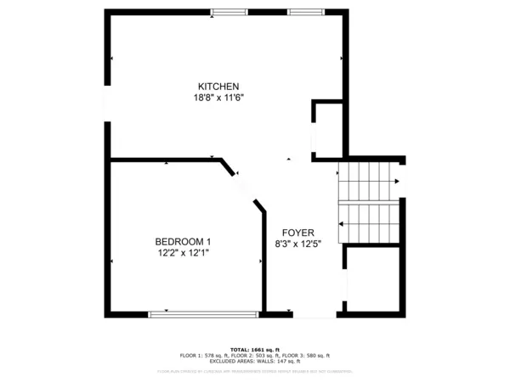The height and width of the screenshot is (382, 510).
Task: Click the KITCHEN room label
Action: [x=218, y=87]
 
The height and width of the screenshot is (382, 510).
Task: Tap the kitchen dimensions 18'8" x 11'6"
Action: [x=218, y=98]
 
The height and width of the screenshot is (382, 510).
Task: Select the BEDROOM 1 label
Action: [x=183, y=241]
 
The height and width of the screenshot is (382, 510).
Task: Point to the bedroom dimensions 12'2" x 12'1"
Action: [x=183, y=253]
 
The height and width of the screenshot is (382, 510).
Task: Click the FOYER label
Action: [x=298, y=233]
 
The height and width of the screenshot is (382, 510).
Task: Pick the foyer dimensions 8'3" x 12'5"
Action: [x=298, y=245]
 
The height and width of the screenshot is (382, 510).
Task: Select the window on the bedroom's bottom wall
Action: [x=202, y=314]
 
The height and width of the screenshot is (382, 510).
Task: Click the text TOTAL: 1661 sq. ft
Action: [x=254, y=350]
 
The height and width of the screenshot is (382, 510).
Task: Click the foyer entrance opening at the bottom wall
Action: [x=305, y=314]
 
